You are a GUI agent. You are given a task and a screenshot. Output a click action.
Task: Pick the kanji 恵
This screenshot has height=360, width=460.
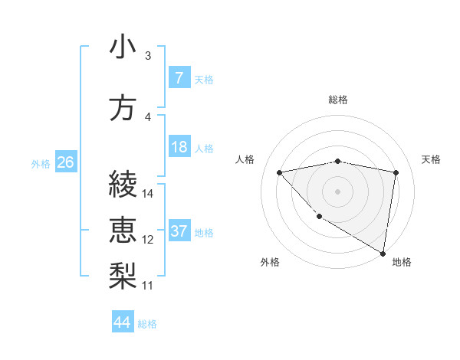(x=123, y=229)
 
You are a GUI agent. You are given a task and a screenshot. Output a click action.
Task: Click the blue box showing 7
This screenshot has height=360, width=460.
(x=179, y=78)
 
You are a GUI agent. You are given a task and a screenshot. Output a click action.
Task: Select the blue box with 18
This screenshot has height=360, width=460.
(x=179, y=147)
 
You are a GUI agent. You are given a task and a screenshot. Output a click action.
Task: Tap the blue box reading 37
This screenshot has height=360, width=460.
(x=179, y=231)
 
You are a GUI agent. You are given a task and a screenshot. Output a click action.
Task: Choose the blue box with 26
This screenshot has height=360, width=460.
(x=65, y=162)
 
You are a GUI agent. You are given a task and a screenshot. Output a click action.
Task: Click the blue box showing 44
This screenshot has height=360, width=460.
(x=123, y=322)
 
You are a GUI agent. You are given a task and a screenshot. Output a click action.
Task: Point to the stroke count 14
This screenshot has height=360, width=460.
(x=148, y=194)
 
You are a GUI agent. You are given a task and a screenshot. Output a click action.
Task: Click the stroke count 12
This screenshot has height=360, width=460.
(x=148, y=240)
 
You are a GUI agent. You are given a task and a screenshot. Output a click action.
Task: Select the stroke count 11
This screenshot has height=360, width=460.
(x=148, y=286)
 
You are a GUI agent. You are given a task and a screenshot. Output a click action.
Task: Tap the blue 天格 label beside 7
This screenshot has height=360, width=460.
(x=204, y=79)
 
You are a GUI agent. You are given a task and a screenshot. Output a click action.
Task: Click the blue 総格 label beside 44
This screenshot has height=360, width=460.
(x=147, y=324)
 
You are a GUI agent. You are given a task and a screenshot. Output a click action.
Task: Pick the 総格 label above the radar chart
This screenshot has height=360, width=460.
(x=338, y=100)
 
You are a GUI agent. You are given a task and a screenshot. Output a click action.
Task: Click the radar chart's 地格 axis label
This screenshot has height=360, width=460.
(x=402, y=263)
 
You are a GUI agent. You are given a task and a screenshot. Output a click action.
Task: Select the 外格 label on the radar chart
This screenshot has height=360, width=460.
(x=270, y=263)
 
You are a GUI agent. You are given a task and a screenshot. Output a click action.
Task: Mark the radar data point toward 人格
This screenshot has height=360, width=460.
(x=280, y=172)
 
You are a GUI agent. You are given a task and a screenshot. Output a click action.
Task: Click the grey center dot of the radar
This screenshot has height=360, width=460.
(x=338, y=191)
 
